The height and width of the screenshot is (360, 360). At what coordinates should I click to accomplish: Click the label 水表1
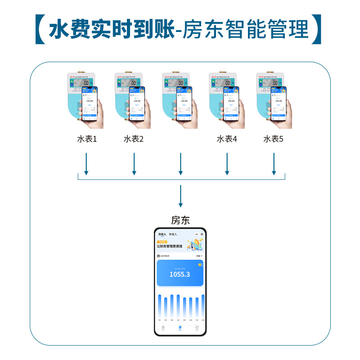click(x=87, y=139)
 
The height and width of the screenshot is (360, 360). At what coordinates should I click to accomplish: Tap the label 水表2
click(x=134, y=139)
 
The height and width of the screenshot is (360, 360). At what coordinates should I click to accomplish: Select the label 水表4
click(x=227, y=139)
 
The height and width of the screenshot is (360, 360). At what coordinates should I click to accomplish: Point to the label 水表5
click(x=274, y=139)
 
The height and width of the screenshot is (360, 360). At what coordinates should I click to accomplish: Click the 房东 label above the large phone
click(x=180, y=220)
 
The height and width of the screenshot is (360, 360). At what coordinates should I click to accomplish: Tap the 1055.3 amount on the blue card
click(x=180, y=274)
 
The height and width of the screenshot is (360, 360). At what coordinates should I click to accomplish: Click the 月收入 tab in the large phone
click(x=162, y=234)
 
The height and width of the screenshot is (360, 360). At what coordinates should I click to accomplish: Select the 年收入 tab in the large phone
click(x=173, y=234)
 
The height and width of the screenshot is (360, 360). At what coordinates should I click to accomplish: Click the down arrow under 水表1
click(x=86, y=164)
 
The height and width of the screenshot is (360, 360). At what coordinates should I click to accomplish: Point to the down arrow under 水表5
click(x=274, y=164)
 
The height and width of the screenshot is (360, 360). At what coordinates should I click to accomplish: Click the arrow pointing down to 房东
click(x=180, y=196)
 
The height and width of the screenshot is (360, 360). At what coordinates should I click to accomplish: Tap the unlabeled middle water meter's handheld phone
click(x=184, y=104)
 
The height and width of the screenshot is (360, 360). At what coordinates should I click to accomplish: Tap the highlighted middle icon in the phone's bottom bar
click(x=180, y=328)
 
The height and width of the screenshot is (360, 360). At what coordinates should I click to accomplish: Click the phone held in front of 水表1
click(x=90, y=104)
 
